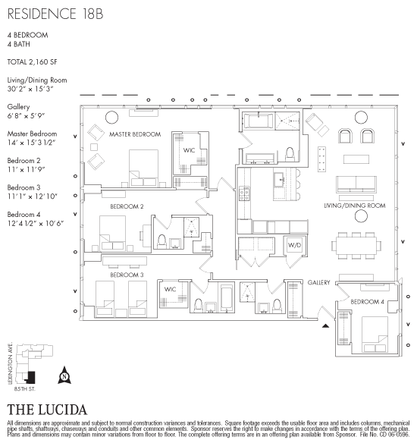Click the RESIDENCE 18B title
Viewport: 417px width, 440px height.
point(55,14)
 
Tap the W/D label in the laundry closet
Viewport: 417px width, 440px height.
point(294,245)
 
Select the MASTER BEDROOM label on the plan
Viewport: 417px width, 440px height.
point(135,134)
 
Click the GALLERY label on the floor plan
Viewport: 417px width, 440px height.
point(318,282)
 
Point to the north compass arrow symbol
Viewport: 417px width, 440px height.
point(64,375)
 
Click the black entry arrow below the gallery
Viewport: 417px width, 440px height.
point(325,325)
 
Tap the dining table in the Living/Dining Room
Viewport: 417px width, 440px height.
point(356,246)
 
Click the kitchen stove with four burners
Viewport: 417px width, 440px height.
point(244,194)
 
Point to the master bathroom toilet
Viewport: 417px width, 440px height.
point(290,154)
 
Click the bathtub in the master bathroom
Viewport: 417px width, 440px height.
point(258,121)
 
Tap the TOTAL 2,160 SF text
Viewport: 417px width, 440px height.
point(33,62)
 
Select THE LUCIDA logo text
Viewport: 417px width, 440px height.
point(47,410)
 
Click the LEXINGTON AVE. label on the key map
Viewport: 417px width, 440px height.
point(11,363)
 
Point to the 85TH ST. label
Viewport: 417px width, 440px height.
point(25,389)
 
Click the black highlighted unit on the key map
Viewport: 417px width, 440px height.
point(30,378)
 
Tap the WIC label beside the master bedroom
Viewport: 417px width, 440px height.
point(189,150)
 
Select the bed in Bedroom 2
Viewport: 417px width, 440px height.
point(112,232)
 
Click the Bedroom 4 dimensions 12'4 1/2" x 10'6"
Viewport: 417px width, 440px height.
point(36,224)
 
